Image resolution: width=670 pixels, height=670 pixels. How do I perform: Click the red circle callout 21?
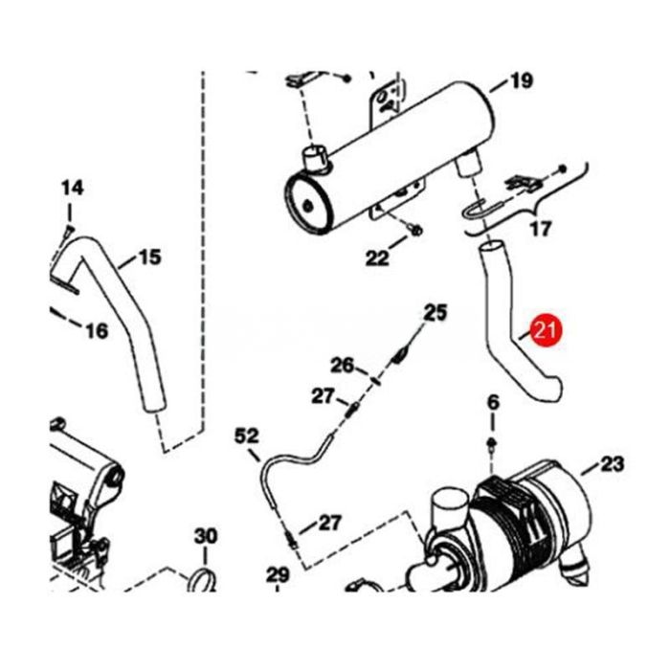[547, 331]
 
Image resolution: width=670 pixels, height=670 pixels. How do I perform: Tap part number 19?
[521, 81]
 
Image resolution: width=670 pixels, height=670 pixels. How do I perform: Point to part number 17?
[541, 230]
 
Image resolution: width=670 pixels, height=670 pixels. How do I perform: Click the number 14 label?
[74, 189]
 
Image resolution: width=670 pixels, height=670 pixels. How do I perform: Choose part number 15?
[149, 257]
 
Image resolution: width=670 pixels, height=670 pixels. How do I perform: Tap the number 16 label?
[97, 331]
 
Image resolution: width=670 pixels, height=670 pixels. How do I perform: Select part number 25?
[435, 312]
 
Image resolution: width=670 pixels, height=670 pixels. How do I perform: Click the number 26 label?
[343, 365]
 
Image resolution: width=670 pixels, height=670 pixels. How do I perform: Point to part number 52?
[247, 436]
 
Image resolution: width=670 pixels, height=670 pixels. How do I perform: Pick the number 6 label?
[493, 401]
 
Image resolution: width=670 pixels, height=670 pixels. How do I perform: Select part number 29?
[278, 575]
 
